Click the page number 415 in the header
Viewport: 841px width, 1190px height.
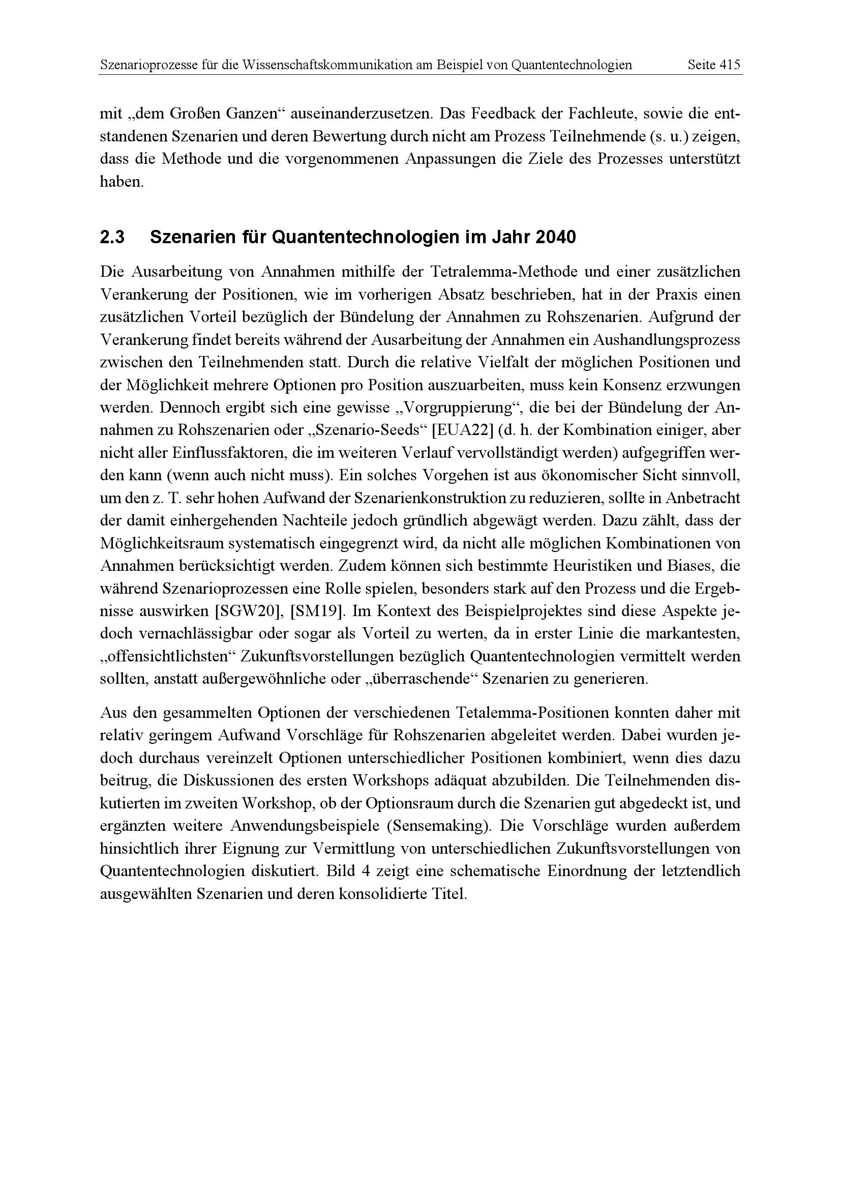coord(730,65)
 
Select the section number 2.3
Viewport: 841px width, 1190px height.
coord(112,238)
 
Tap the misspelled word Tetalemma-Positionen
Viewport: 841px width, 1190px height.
coord(532,713)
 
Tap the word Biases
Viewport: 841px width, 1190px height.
coord(686,566)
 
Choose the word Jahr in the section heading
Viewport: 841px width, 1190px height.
coord(511,238)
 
